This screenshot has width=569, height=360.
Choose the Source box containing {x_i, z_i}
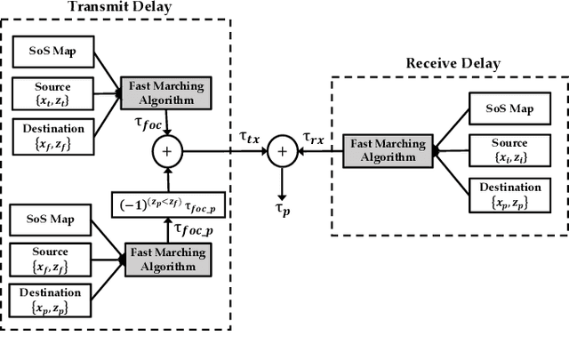click(x=508, y=148)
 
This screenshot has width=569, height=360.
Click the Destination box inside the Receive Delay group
click(x=508, y=193)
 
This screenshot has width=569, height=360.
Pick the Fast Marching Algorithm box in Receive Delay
click(x=389, y=148)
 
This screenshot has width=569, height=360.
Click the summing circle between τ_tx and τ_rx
click(x=282, y=153)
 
